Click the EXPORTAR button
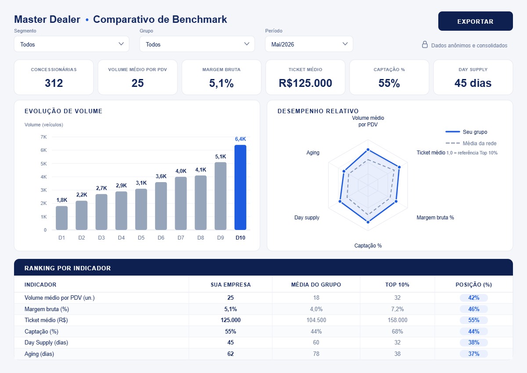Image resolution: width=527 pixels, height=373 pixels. (475, 21)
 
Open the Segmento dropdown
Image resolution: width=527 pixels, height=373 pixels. (72, 44)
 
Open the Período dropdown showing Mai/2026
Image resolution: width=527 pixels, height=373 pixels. (309, 44)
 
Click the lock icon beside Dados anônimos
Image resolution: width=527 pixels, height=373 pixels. (425, 44)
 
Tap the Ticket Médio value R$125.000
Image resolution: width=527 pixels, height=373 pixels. (305, 83)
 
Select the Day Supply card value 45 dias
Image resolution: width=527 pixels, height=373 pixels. (473, 83)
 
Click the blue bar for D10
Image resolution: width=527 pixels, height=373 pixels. (240, 187)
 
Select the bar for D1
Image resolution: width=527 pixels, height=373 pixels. (61, 218)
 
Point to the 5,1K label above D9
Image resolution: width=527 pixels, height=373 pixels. (220, 157)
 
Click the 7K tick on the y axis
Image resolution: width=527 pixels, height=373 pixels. (44, 137)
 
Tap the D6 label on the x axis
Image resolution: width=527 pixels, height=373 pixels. (161, 237)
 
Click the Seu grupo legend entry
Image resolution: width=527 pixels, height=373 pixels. (466, 132)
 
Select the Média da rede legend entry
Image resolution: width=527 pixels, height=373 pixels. (471, 143)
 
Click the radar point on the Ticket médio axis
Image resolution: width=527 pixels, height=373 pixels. (399, 167)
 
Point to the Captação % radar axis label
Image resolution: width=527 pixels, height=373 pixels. (368, 246)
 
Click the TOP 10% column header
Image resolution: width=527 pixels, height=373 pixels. (397, 285)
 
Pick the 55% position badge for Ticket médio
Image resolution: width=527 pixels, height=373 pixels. (473, 320)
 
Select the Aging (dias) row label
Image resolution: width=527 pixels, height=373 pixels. (39, 354)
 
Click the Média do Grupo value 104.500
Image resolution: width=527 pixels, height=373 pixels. (316, 320)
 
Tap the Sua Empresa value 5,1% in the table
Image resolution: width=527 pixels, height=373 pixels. (231, 309)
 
